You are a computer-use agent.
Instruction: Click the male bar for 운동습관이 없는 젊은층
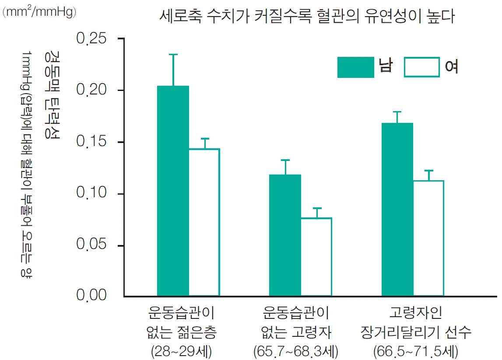pos(173,190)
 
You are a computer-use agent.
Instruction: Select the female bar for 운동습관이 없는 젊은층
pos(204,222)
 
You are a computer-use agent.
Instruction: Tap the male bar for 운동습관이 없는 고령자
pos(285,235)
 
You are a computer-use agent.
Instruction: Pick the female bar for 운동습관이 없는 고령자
pos(316,256)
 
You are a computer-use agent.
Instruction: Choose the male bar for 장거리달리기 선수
pos(397,209)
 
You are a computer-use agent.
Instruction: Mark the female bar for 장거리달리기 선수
pos(428,238)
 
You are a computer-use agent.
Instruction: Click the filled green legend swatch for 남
pos(355,67)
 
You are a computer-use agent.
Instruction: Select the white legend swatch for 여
pos(421,67)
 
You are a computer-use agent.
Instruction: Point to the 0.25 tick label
pos(91,38)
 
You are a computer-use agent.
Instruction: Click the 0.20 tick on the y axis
pos(91,91)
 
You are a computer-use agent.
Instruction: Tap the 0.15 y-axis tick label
pos(91,142)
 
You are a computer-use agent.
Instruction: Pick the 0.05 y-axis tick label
pos(91,245)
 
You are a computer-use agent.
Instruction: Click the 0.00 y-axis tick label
pos(91,296)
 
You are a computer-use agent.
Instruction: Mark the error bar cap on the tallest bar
pos(173,55)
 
